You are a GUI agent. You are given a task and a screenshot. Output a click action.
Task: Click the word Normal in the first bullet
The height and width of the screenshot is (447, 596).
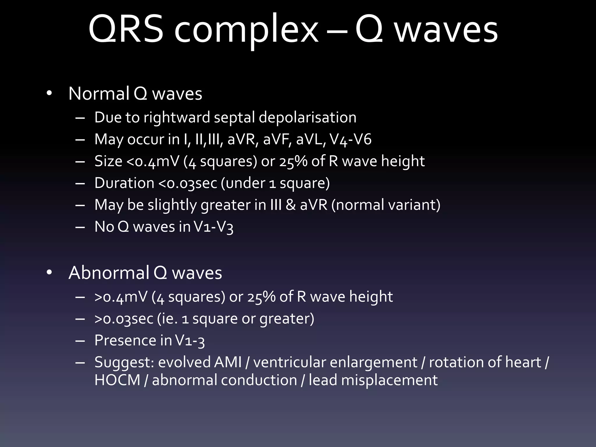(99, 94)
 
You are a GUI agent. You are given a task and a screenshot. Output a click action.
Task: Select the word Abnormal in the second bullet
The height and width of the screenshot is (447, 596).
(109, 273)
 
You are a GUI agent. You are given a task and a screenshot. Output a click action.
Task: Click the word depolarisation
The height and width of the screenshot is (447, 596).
(307, 118)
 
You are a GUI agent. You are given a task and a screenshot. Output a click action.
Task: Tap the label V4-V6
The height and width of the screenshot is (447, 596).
(351, 139)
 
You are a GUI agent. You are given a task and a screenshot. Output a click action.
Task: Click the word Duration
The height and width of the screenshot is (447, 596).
(124, 183)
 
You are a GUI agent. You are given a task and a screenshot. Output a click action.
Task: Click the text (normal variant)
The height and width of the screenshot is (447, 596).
(386, 205)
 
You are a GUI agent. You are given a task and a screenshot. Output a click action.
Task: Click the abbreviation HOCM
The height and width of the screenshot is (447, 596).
(118, 380)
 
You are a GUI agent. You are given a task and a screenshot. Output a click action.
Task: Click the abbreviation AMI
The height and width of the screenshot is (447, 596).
(228, 362)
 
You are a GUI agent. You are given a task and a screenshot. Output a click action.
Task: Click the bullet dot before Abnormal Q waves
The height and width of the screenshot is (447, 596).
(49, 273)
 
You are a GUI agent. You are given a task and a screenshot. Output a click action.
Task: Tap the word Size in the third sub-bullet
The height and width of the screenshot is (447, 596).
(108, 161)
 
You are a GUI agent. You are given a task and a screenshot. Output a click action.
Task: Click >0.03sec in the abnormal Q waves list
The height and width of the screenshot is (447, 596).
(124, 318)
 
